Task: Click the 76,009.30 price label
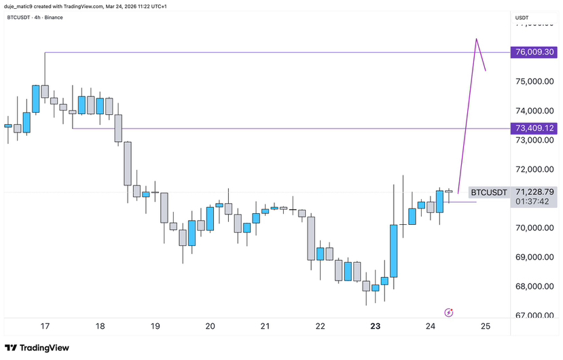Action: coord(534,52)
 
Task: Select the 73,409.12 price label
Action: coord(534,128)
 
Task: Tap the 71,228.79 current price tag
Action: coord(534,192)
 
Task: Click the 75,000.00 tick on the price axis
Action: coord(534,82)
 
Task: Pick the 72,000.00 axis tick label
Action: coord(534,169)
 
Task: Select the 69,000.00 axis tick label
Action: coord(534,257)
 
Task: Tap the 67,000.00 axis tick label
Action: coord(534,315)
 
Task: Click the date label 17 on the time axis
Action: coord(45,326)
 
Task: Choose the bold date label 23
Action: coord(376,326)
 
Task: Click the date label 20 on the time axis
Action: coord(210,326)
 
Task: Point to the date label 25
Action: coord(485,326)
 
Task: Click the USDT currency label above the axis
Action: coord(523,17)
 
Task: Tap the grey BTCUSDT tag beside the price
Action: coord(489,193)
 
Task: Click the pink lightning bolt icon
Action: coord(448,312)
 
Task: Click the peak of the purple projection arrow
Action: coord(477,39)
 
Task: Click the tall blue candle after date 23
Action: coord(393,250)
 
